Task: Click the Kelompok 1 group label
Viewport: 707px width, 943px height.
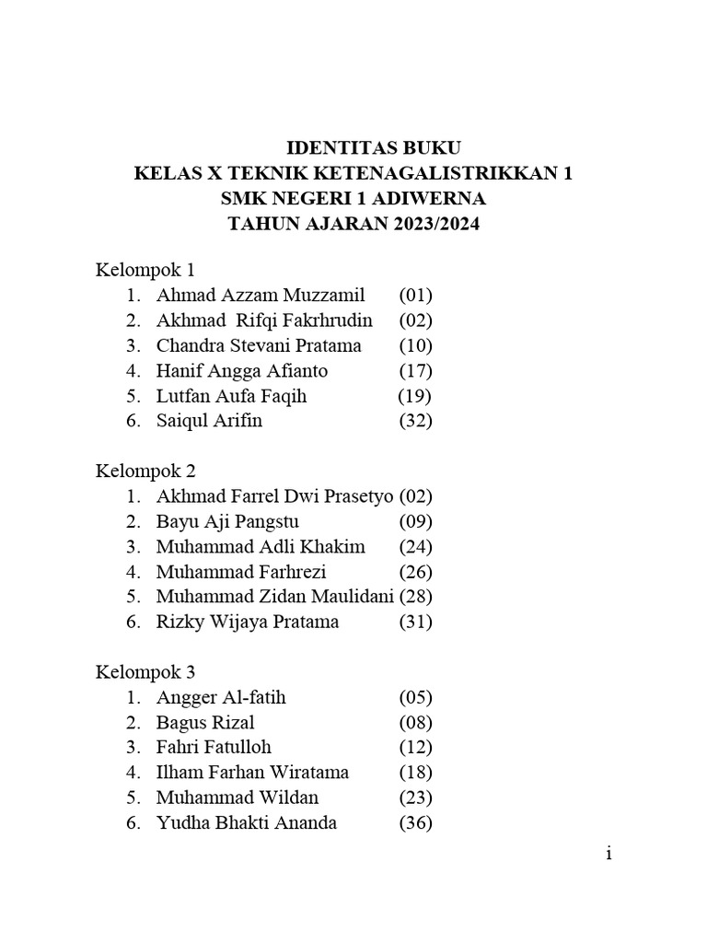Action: (x=145, y=271)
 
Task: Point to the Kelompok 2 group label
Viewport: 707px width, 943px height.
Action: (x=145, y=471)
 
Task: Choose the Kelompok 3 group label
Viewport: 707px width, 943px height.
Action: (x=145, y=672)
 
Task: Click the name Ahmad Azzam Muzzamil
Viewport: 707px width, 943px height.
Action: (x=261, y=296)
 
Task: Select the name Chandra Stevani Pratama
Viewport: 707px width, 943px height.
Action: (x=259, y=346)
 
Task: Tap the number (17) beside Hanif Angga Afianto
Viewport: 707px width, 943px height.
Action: (x=415, y=371)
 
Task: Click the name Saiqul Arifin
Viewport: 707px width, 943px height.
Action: (x=209, y=422)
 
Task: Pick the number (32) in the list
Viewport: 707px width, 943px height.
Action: (x=415, y=422)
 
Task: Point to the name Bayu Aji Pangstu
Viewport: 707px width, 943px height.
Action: (x=227, y=522)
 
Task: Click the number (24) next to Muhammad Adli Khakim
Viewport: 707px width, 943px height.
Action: (x=415, y=547)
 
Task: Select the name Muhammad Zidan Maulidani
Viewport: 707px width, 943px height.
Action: (x=275, y=597)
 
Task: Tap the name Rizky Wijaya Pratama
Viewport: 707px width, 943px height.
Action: (x=248, y=622)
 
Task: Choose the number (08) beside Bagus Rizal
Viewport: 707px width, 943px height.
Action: (x=415, y=723)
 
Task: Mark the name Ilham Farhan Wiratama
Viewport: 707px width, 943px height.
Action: (x=252, y=773)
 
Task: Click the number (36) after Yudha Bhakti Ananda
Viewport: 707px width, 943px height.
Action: (x=415, y=822)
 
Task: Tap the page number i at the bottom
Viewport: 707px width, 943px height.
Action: (x=608, y=854)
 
